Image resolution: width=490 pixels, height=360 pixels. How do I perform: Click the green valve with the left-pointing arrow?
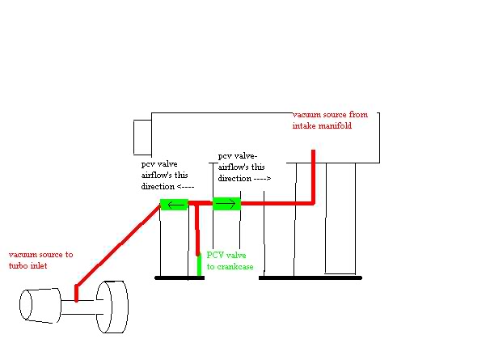(x=174, y=205)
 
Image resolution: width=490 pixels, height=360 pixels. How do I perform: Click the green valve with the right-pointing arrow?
(x=226, y=204)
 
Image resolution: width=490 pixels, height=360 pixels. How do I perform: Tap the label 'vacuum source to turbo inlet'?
(x=40, y=260)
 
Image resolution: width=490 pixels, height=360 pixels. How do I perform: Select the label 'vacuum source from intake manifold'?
(x=330, y=120)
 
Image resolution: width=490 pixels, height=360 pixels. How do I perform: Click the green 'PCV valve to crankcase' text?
(x=230, y=260)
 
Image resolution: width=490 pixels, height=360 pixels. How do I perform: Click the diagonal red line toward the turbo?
(x=119, y=245)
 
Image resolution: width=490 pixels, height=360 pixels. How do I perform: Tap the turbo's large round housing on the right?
(x=112, y=307)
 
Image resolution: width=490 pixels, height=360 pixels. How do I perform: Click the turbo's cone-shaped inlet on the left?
(x=40, y=306)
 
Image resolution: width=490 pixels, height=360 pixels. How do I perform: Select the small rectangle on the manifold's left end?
(x=142, y=138)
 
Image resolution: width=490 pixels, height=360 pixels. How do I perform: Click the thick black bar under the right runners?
(x=310, y=277)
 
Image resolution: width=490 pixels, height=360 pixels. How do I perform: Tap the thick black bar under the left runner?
(x=180, y=277)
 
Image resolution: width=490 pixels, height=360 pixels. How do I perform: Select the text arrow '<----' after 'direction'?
(x=186, y=187)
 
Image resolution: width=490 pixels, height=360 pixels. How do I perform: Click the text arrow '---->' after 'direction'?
(x=262, y=179)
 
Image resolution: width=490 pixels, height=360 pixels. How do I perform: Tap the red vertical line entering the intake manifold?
(x=313, y=176)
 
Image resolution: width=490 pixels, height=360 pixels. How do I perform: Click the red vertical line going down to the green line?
(x=197, y=229)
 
